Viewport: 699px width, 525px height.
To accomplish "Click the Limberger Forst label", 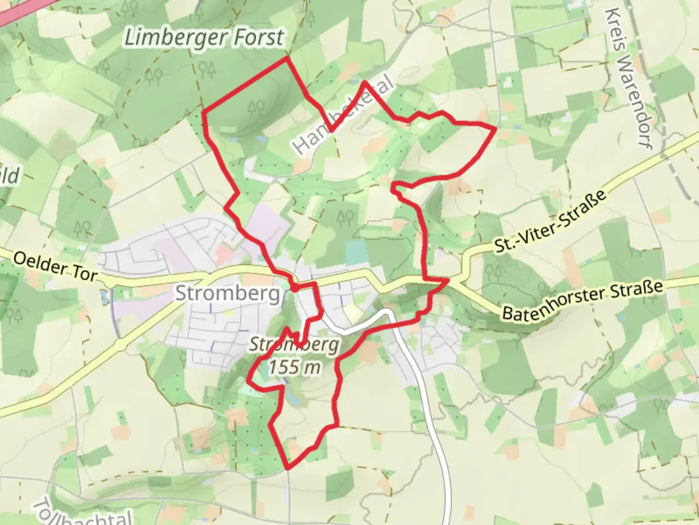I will tap(204, 37).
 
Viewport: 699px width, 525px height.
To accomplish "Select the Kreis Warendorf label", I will tap(630, 78).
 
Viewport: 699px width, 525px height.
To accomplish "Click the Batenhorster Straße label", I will tap(582, 299).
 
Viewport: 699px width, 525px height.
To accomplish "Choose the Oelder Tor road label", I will tap(54, 266).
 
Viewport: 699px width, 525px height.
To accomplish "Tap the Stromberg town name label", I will tap(227, 293).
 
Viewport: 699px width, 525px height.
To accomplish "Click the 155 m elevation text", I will tap(295, 367).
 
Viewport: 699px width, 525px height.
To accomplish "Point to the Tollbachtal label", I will tap(83, 513).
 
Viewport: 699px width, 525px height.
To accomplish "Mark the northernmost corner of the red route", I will tap(287, 57).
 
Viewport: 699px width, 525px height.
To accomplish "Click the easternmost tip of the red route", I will tap(495, 128).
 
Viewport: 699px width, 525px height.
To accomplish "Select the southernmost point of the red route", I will tap(288, 469).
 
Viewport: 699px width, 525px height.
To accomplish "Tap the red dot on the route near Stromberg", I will tap(294, 288).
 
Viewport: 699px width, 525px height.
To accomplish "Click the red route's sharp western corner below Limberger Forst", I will tap(202, 113).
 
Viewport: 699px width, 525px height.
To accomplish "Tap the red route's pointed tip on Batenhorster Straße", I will tap(448, 280).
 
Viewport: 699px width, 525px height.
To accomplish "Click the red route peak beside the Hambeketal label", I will tap(364, 83).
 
